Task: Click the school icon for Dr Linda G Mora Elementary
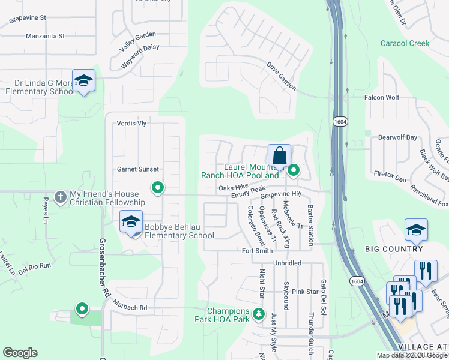coord(83,81)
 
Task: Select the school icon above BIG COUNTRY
coord(416,230)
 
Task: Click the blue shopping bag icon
coord(279,156)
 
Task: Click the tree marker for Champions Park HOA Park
coord(258,313)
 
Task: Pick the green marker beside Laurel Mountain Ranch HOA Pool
coord(294,171)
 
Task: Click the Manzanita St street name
coord(45,36)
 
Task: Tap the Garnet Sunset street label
coord(137,169)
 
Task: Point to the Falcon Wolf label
coord(382,97)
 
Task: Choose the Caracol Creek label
coord(405,43)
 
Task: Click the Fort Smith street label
coord(258,251)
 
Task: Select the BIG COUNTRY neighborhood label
coord(394,249)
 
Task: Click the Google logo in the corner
coord(20,353)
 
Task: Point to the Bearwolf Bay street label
coord(397,137)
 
